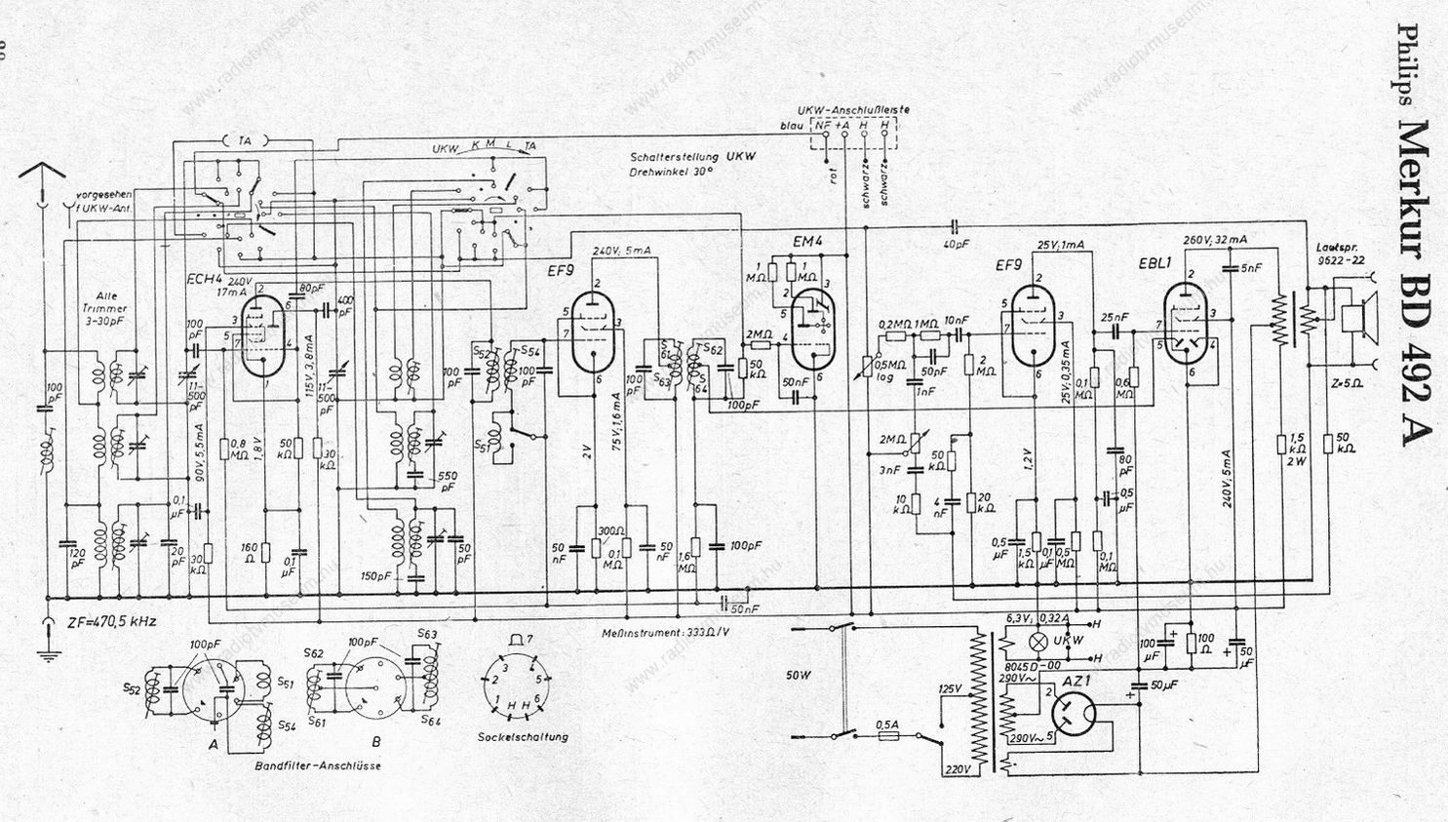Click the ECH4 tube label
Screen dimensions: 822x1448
(x=206, y=280)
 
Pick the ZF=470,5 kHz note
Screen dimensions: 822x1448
(x=112, y=620)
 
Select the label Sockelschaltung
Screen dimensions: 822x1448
(x=523, y=737)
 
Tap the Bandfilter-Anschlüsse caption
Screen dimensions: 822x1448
(x=317, y=765)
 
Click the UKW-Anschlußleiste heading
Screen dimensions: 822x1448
(x=852, y=110)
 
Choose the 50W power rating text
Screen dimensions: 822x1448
(x=798, y=673)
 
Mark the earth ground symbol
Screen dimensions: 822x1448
(x=47, y=651)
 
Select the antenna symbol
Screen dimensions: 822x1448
(x=42, y=180)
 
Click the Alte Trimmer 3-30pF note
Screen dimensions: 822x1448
(x=104, y=308)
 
